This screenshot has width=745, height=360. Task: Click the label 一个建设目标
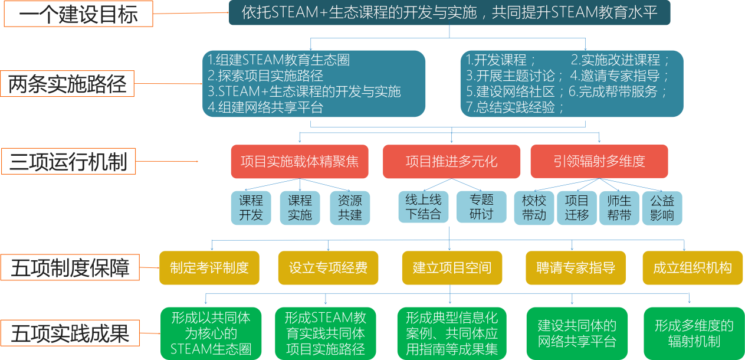pyautogui.click(x=78, y=14)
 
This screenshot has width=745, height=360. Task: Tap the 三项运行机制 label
pyautogui.click(x=68, y=161)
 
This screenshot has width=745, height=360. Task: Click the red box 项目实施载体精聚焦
pyautogui.click(x=300, y=162)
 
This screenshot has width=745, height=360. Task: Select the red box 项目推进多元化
pyautogui.click(x=452, y=162)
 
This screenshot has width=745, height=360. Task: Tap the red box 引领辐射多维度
pyautogui.click(x=599, y=162)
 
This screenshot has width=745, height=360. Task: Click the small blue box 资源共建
pyautogui.click(x=350, y=208)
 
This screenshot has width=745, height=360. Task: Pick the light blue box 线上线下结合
pyautogui.click(x=423, y=207)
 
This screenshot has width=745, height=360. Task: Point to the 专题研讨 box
pyautogui.click(x=481, y=207)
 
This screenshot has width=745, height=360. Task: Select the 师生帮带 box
pyautogui.click(x=619, y=208)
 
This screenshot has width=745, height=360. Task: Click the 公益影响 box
pyautogui.click(x=662, y=208)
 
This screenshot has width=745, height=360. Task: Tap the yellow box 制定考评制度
pyautogui.click(x=209, y=267)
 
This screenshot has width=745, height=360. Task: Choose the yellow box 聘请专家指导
pyautogui.click(x=576, y=267)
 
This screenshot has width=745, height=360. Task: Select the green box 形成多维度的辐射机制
pyautogui.click(x=694, y=333)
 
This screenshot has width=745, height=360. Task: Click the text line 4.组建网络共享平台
pyautogui.click(x=265, y=107)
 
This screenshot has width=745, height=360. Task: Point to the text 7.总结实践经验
pyautogui.click(x=515, y=107)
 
